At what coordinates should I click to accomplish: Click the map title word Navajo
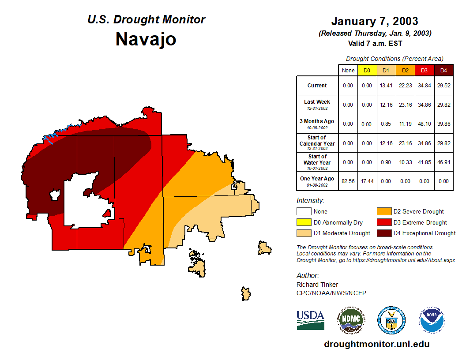[146, 39]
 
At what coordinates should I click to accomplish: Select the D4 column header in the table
[443, 71]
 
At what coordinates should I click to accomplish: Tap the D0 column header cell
[367, 71]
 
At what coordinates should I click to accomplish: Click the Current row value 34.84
[425, 86]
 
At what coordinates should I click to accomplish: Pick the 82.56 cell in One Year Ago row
[348, 181]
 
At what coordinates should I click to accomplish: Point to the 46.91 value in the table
[443, 162]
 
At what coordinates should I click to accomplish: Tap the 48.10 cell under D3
[425, 124]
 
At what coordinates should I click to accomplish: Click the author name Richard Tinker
[317, 285]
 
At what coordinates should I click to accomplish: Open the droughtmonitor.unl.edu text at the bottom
[376, 344]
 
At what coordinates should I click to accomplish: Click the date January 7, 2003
[375, 21]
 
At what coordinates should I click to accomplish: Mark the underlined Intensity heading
[310, 201]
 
